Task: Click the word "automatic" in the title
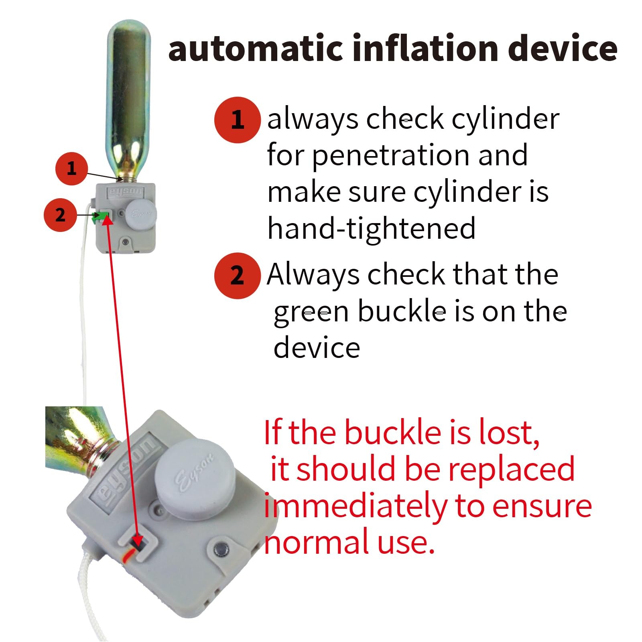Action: [x=256, y=48]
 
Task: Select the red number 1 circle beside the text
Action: [x=237, y=120]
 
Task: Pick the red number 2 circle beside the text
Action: [x=237, y=276]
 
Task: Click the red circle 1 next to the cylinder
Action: [x=71, y=168]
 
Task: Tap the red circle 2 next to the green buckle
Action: [x=60, y=215]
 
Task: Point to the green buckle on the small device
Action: [x=101, y=217]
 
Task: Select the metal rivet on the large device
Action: [x=220, y=548]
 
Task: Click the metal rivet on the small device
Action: [x=126, y=242]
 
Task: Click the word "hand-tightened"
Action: [x=372, y=228]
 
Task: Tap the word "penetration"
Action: [x=391, y=156]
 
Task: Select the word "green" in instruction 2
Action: [x=311, y=312]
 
